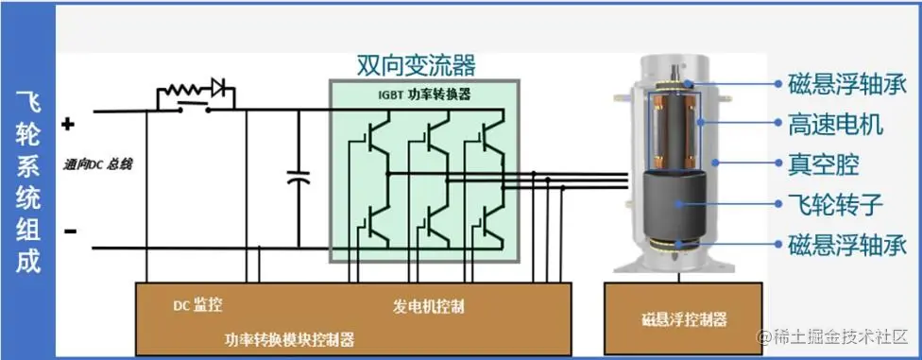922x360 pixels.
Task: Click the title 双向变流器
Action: (416, 64)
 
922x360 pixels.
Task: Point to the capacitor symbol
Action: (299, 178)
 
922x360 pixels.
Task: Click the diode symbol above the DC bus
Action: (219, 90)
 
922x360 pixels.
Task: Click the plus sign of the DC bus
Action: (68, 124)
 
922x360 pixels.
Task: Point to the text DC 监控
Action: (198, 306)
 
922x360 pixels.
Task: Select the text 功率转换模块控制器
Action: (291, 339)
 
